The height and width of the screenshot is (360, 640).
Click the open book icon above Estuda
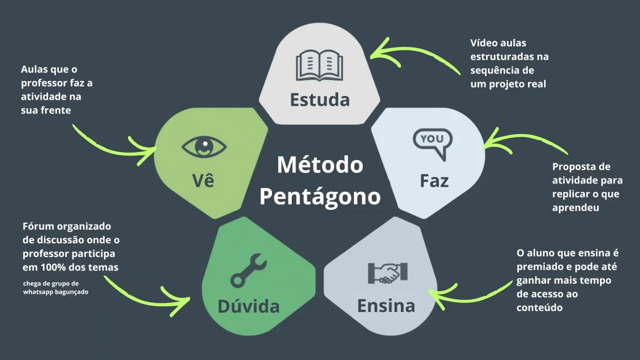click(x=319, y=65)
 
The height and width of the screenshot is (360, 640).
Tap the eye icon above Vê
click(x=204, y=146)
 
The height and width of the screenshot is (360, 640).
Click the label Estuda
click(x=319, y=100)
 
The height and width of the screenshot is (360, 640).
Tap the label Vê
click(x=203, y=180)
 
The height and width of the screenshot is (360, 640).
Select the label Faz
click(x=434, y=181)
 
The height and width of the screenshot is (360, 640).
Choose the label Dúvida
click(x=249, y=306)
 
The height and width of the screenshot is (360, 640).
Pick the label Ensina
click(x=386, y=306)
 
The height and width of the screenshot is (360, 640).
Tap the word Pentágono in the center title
click(x=320, y=196)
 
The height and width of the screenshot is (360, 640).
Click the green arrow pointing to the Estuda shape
click(x=411, y=55)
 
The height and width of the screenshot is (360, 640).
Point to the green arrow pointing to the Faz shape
click(x=525, y=142)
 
